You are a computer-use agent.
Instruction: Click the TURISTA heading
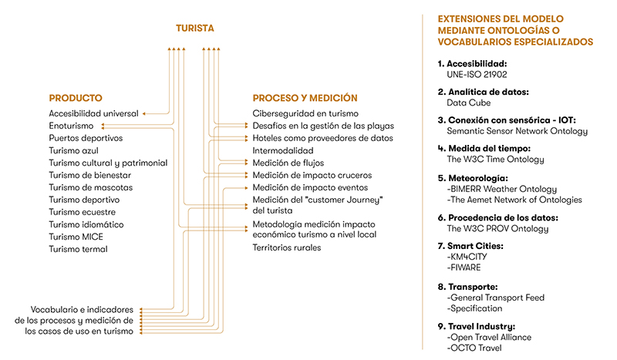click(x=194, y=29)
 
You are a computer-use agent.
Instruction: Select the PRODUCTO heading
click(x=76, y=98)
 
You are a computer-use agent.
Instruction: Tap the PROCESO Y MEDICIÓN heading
click(x=305, y=98)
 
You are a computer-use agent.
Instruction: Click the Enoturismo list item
click(x=71, y=126)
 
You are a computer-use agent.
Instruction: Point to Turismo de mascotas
click(x=91, y=187)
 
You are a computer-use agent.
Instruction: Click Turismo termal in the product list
click(x=78, y=249)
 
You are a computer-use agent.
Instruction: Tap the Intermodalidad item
click(x=283, y=150)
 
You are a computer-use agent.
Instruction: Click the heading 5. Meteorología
click(x=479, y=176)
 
